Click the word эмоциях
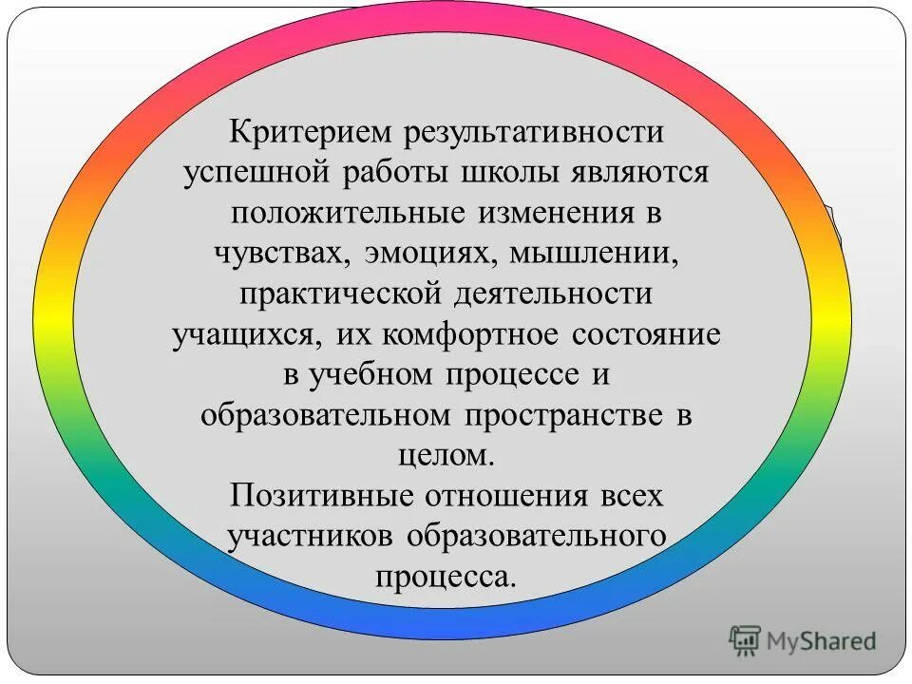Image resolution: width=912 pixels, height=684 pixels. (423, 254)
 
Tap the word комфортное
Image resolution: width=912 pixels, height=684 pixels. (457, 334)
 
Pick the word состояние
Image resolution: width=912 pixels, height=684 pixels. (646, 334)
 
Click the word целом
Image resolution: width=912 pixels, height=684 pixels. (445, 456)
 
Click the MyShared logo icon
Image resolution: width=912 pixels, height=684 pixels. (746, 639)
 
